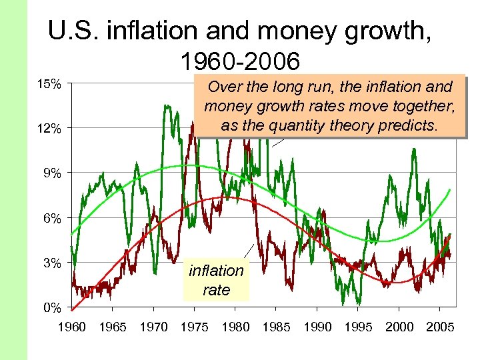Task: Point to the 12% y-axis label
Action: pyautogui.click(x=50, y=129)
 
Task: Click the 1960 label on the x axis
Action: pyautogui.click(x=71, y=327)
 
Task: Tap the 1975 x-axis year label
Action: pyautogui.click(x=194, y=327)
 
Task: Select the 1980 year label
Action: pyautogui.click(x=235, y=327)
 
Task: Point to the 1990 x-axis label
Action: pyautogui.click(x=317, y=327)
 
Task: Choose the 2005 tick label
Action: pyautogui.click(x=440, y=327)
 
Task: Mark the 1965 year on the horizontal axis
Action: pyautogui.click(x=112, y=327)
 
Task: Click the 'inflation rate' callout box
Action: pyautogui.click(x=216, y=280)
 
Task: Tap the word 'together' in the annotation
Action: pyautogui.click(x=423, y=106)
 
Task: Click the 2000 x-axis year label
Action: pyautogui.click(x=399, y=327)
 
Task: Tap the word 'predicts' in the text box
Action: pyautogui.click(x=409, y=125)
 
